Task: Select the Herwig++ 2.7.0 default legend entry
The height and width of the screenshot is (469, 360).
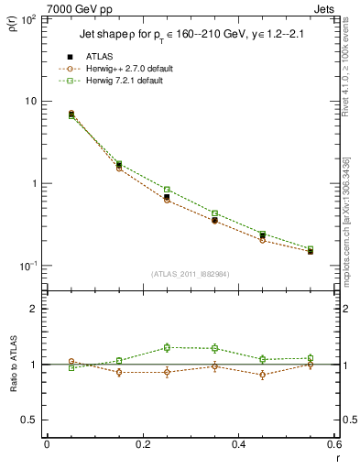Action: click(124, 69)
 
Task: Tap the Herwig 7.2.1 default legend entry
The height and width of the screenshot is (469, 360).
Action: click(122, 81)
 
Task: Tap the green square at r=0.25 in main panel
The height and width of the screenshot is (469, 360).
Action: click(167, 190)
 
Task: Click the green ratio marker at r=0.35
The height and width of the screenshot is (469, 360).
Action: click(214, 348)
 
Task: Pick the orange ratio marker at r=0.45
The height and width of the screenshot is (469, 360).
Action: click(263, 375)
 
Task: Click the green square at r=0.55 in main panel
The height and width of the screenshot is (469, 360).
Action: click(311, 248)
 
